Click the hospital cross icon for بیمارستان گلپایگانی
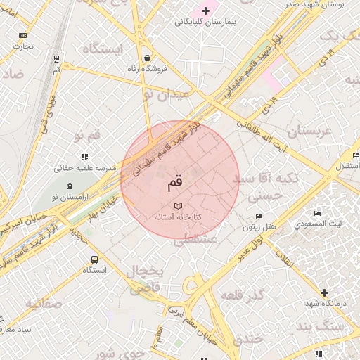click(x=205, y=11)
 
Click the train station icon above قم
click(x=56, y=58)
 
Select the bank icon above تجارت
click(x=23, y=34)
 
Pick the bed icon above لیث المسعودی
click(x=317, y=213)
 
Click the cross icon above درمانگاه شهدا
click(x=323, y=292)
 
